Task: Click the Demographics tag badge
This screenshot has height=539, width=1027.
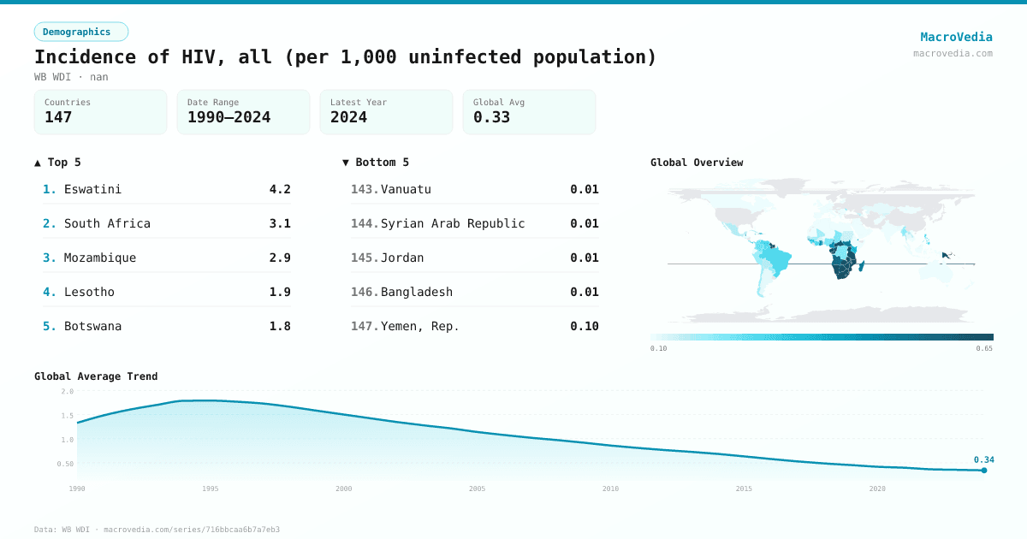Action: click(80, 32)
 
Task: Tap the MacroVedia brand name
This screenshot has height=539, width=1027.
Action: click(956, 37)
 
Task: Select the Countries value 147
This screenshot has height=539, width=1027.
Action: click(58, 117)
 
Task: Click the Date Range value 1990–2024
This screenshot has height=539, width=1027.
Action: click(229, 117)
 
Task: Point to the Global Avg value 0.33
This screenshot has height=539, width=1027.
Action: click(491, 117)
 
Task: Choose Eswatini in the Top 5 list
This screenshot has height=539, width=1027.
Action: click(92, 189)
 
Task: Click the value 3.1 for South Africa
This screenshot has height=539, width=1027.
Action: click(280, 223)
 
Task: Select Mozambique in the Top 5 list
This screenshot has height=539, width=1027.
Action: click(100, 258)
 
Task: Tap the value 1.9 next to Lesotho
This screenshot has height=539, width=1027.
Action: click(280, 292)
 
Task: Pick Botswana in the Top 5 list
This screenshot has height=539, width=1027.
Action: click(92, 326)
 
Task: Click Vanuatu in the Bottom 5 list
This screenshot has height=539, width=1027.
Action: click(406, 189)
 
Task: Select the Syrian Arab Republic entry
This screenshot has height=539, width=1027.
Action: click(453, 223)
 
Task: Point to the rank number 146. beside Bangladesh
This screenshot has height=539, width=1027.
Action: click(365, 292)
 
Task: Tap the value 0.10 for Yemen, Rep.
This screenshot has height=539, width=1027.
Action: click(585, 326)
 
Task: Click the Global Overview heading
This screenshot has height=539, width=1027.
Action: click(697, 163)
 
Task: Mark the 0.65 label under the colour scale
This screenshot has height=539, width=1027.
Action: click(984, 348)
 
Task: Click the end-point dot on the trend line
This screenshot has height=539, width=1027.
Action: click(984, 470)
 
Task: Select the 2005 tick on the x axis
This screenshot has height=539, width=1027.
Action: click(477, 489)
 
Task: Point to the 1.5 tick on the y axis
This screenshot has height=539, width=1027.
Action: click(67, 416)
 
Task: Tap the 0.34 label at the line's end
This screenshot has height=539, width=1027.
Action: click(984, 459)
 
